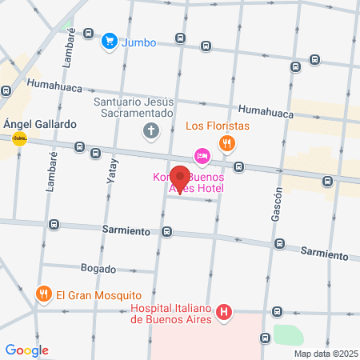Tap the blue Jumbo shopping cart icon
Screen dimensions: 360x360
110,39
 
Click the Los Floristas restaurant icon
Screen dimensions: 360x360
227,144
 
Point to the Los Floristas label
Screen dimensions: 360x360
218,126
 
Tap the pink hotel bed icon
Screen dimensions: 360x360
202,154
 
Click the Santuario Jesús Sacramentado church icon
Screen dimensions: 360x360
150,130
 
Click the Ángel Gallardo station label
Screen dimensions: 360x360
39,125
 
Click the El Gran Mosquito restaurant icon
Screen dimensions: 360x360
44,294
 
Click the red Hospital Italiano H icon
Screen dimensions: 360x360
225,312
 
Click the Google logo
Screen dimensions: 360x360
26,350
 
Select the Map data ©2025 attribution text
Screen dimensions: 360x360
325,354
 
